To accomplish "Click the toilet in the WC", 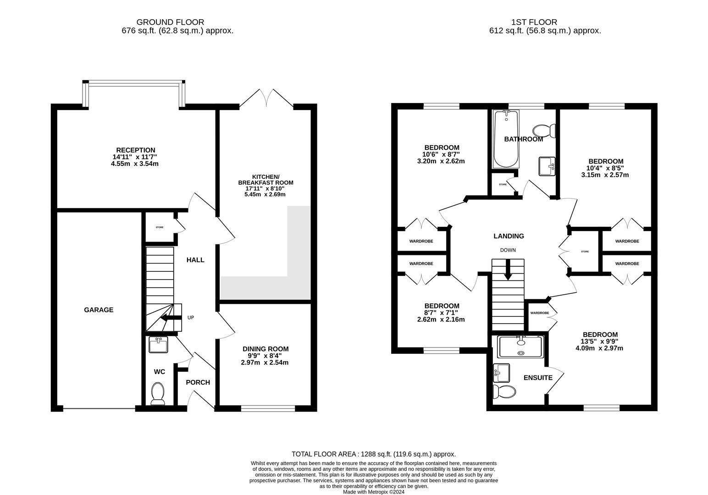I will [158, 394].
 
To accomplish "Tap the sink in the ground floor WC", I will [159, 345].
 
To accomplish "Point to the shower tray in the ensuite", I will [520, 346].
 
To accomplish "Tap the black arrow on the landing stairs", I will [508, 269].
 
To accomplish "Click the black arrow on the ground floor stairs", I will [170, 318].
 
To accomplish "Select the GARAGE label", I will [99, 310].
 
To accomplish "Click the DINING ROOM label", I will [265, 349].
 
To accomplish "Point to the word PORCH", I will [198, 382].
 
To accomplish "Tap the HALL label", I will [195, 260].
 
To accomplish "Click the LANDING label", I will [509, 236].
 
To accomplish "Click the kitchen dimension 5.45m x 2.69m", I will [265, 194].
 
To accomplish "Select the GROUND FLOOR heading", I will [170, 22].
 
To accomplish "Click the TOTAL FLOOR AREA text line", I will [374, 454].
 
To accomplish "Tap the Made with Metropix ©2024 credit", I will [374, 492].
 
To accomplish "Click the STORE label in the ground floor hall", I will [159, 227].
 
